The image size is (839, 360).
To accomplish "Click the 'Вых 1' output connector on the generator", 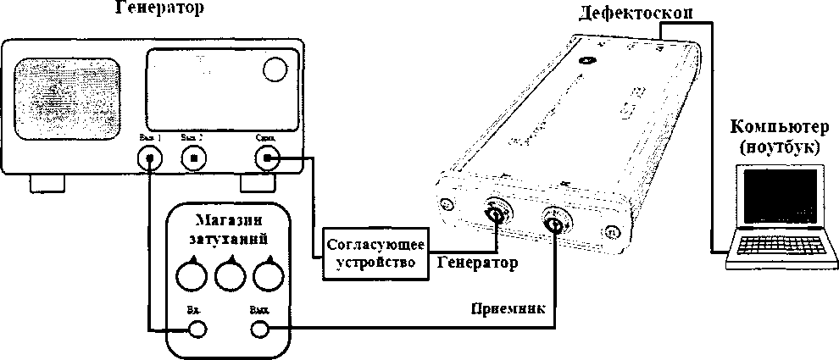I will tap(150, 158).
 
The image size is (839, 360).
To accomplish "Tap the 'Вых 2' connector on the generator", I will tap(195, 158).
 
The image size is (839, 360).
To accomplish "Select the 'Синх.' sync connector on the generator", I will tap(269, 157).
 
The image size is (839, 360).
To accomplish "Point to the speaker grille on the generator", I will tap(67, 92).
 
